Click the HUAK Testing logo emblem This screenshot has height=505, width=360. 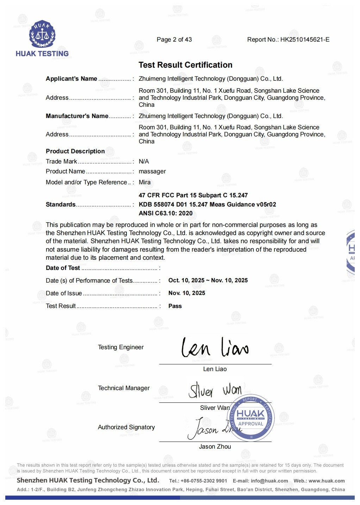42,34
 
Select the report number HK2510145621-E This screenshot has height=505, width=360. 305,39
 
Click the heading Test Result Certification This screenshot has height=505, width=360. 185,65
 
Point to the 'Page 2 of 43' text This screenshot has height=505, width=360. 174,39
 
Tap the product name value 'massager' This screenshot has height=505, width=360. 152,171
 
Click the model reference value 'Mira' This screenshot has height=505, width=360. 144,182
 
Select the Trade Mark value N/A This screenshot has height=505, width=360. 144,161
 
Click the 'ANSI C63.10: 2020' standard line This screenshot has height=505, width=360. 166,213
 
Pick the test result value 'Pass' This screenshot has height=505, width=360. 175,306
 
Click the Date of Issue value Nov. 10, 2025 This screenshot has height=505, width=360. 187,293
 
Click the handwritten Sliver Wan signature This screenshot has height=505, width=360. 215,390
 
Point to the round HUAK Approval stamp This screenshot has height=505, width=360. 251,418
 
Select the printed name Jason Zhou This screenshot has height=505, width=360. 215,447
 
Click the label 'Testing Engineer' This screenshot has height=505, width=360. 121,347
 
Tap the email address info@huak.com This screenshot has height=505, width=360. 269,481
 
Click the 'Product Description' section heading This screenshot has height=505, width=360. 75,151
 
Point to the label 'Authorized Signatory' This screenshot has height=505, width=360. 126,427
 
